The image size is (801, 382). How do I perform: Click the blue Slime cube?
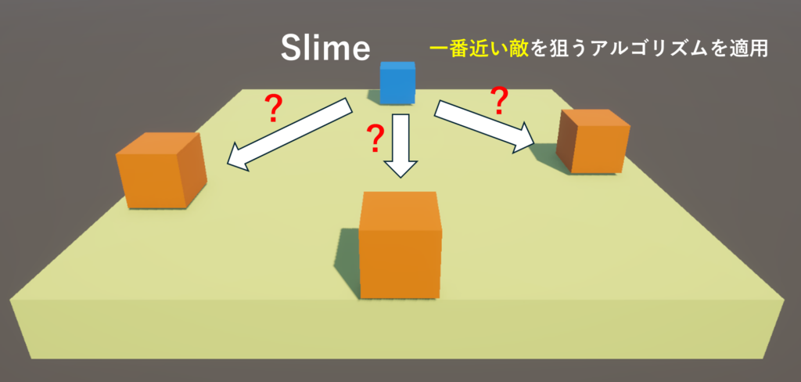pyautogui.click(x=397, y=83)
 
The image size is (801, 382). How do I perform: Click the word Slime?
pyautogui.click(x=325, y=49)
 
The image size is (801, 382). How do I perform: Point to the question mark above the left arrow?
pyautogui.click(x=273, y=110)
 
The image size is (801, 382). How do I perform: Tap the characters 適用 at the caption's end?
pyautogui.click(x=752, y=49)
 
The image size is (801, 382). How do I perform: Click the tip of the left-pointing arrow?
pyautogui.click(x=229, y=164)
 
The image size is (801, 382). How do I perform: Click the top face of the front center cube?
pyautogui.click(x=400, y=203)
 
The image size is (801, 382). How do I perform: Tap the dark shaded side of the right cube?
pyautogui.click(x=566, y=146)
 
